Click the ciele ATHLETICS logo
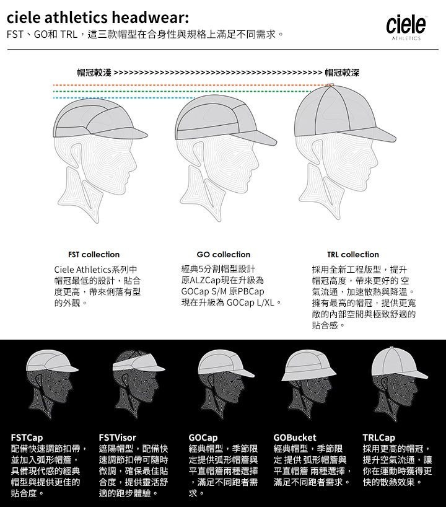pos(406,27)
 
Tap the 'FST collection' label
pos(94,254)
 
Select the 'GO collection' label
pos(223,254)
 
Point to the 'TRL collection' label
pos(352,254)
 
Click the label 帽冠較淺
pos(94,73)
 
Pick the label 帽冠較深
pos(341,73)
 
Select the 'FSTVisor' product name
pos(117,438)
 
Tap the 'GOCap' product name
pos(203,438)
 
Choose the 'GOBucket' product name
pos(295,438)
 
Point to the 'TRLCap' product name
pos(378,438)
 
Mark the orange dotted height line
pos(186,84)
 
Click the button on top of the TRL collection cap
pos(331,85)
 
